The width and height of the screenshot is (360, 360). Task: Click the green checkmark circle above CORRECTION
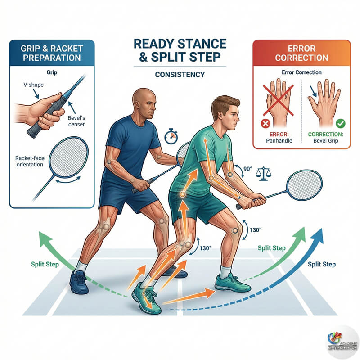point(340,122)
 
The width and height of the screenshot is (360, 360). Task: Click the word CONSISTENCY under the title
point(180,75)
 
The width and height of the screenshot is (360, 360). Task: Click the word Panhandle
point(279,140)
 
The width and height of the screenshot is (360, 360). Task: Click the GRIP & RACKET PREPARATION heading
point(51,54)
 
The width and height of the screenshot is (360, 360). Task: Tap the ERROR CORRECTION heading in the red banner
point(301,54)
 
